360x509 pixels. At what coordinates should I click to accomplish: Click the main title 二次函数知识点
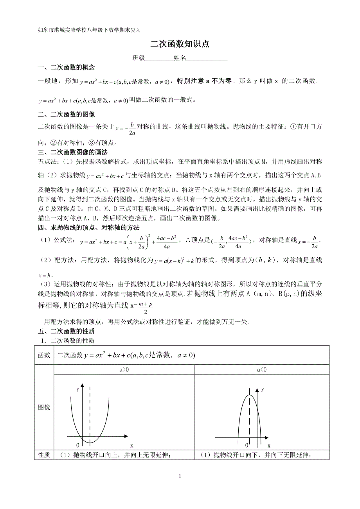180,44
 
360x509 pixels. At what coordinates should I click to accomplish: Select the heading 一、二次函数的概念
66,68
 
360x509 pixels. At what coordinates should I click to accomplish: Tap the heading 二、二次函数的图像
66,115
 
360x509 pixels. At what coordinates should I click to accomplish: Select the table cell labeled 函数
44,355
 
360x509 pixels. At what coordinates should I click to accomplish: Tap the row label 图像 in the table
44,407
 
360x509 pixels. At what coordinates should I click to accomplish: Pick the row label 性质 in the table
44,455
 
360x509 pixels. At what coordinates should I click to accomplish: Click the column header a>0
124,369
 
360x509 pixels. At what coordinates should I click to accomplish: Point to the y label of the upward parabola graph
78,389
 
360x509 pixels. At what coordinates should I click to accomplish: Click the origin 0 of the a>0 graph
77,445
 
